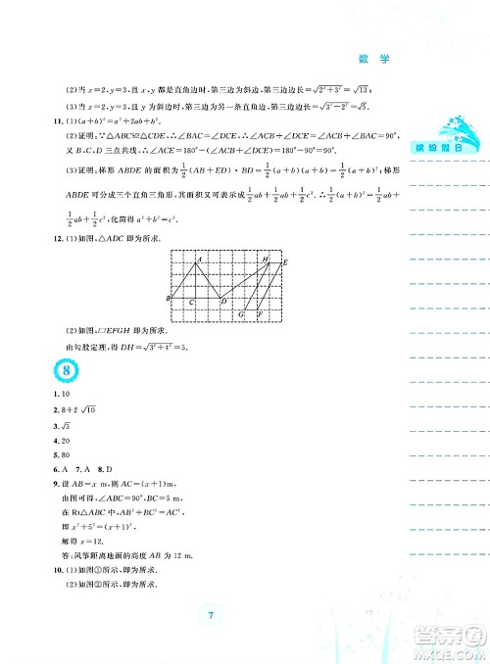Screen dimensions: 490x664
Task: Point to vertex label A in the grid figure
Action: pos(198,260)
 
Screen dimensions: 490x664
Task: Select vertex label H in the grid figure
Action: pos(266,259)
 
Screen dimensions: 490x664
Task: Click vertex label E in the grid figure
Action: pos(285,263)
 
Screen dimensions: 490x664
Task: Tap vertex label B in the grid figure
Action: pos(169,298)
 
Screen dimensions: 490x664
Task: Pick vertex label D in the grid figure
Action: pos(223,301)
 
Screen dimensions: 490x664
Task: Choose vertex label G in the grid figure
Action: pos(240,315)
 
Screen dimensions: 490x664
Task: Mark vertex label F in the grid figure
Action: pos(259,315)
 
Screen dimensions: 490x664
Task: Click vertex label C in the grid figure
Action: pos(191,303)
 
